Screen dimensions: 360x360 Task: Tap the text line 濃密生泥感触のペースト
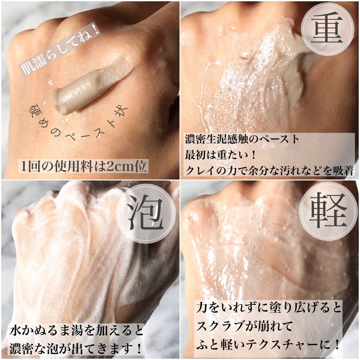[242, 139]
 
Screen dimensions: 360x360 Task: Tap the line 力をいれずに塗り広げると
[269, 309]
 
